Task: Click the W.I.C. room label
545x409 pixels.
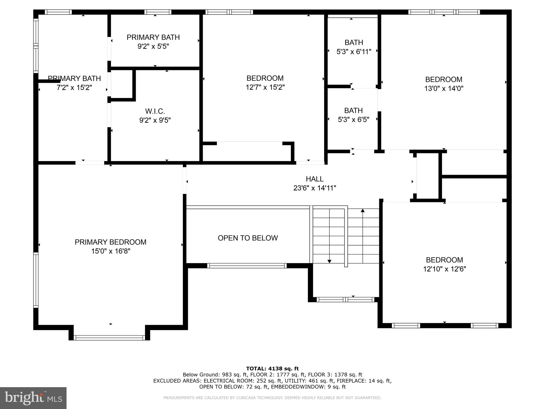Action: click(155, 111)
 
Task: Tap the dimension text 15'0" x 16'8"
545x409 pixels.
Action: click(110, 251)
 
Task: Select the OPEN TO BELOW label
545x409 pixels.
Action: click(247, 238)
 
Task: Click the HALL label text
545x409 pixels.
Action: click(315, 179)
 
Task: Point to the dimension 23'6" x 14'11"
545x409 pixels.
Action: click(315, 188)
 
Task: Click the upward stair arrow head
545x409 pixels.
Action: click(362, 211)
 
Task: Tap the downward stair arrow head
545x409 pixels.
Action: click(329, 261)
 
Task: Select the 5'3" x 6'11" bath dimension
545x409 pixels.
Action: click(354, 52)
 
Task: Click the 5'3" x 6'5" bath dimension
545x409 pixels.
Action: click(353, 120)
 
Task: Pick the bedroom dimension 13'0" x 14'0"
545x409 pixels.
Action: click(444, 88)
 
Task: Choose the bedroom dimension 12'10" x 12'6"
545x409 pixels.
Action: click(444, 269)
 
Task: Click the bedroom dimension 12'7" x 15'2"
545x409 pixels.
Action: click(265, 87)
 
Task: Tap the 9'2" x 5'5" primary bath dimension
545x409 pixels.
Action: click(153, 46)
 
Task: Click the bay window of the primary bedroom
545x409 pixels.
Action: click(109, 338)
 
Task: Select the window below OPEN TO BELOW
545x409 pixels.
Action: click(247, 265)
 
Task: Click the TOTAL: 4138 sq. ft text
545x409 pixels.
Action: click(272, 369)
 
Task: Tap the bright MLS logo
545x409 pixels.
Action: click(33, 398)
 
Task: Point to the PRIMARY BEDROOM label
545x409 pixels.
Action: click(110, 242)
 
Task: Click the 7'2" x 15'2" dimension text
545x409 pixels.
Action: click(74, 87)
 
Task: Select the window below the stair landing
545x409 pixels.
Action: click(345, 300)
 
